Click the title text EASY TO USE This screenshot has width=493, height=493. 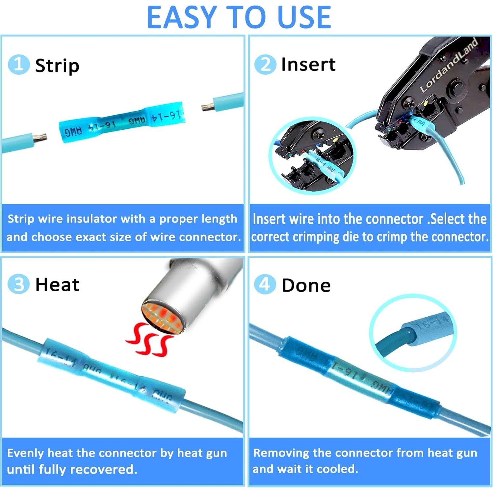[239, 17]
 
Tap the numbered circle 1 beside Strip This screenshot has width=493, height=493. [18, 65]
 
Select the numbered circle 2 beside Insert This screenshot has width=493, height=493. [265, 65]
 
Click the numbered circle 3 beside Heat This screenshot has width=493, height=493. [18, 284]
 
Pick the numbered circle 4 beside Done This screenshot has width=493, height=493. [265, 284]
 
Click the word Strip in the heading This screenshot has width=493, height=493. [57, 66]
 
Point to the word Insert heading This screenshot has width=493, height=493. [308, 65]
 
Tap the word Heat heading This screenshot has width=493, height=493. [57, 284]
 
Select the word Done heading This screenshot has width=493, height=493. [306, 285]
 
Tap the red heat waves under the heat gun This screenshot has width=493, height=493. [150, 339]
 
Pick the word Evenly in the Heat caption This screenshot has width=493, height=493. [25, 453]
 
